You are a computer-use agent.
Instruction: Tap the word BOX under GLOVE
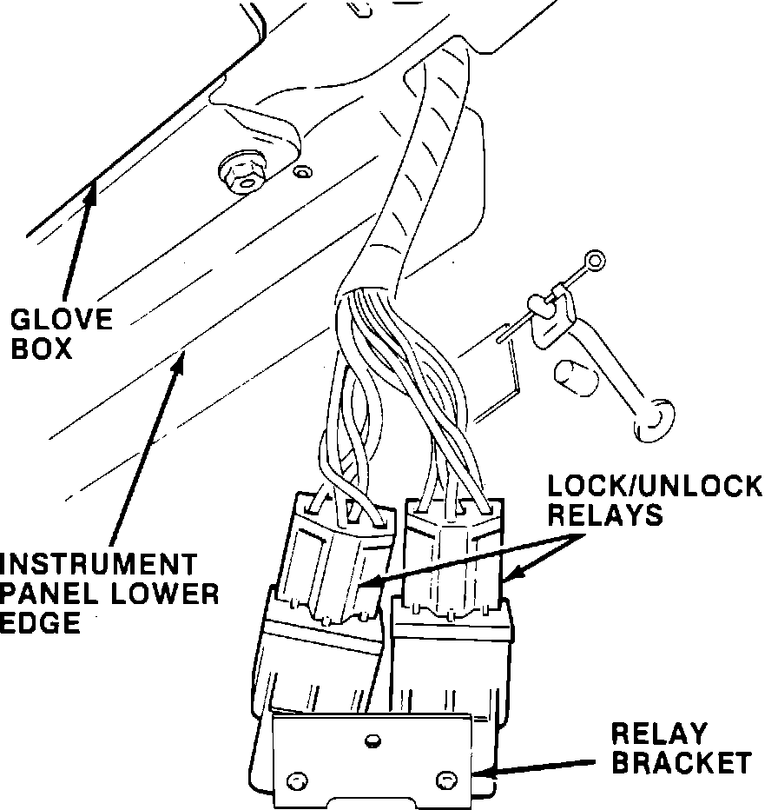(36, 349)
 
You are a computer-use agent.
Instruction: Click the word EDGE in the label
(40, 622)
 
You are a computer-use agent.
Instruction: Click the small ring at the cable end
(593, 259)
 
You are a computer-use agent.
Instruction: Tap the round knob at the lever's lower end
(654, 415)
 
